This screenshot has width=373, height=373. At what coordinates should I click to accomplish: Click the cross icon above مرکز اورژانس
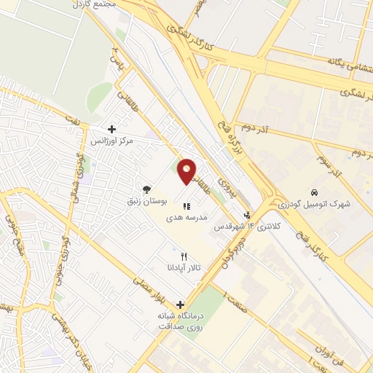click(111, 128)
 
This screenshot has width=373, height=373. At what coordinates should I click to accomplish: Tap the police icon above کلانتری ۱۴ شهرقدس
click(248, 216)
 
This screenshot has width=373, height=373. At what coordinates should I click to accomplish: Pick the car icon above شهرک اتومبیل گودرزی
click(313, 193)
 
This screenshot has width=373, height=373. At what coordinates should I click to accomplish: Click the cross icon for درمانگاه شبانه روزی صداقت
click(179, 305)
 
